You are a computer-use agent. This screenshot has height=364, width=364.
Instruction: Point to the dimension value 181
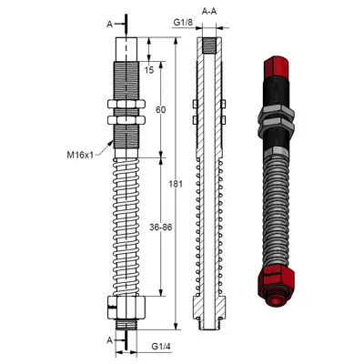click(176, 185)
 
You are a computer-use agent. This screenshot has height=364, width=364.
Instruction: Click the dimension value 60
click(160, 109)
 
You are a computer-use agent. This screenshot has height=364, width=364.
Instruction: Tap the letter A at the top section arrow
click(110, 23)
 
